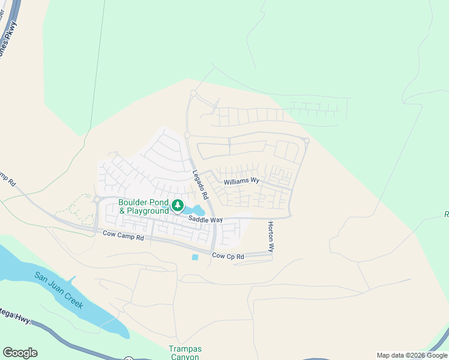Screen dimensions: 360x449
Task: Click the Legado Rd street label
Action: pos(200,185)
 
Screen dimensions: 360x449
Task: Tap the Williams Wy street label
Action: pos(241,181)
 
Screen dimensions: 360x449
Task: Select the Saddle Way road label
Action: pos(205,220)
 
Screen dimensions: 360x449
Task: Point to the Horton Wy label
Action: pos(271,235)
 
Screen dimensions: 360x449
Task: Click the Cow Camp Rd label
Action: pos(123,237)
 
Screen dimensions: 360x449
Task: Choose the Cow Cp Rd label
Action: pos(228,256)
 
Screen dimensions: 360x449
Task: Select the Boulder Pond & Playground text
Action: pos(144,207)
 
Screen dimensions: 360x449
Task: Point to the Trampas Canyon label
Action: pos(185,353)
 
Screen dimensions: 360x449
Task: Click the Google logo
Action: pos(20,353)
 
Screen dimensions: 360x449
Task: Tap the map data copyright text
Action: pos(411,355)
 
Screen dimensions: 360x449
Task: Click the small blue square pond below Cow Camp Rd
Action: pos(194,257)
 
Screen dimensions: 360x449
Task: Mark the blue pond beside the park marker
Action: pos(196,211)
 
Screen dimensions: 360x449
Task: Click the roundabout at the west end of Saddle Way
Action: pos(96,199)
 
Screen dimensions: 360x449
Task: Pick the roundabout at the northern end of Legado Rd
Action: pos(193,94)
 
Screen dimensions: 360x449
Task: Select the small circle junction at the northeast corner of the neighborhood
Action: pos(307,141)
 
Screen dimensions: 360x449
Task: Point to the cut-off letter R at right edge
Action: pos(446,214)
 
